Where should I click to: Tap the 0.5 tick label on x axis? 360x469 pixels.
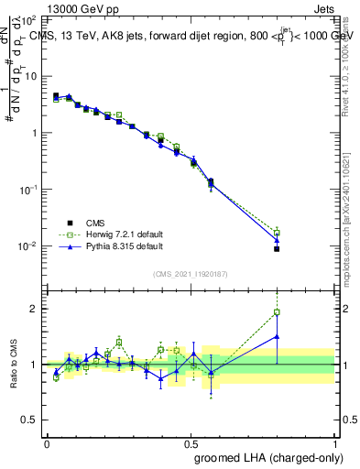click(x=190, y=442)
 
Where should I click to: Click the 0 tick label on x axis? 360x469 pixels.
click(x=47, y=442)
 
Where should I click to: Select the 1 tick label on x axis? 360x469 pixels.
click(x=333, y=442)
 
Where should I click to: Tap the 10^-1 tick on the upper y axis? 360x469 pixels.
click(x=30, y=189)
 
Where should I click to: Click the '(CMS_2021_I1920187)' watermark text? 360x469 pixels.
click(x=191, y=273)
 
